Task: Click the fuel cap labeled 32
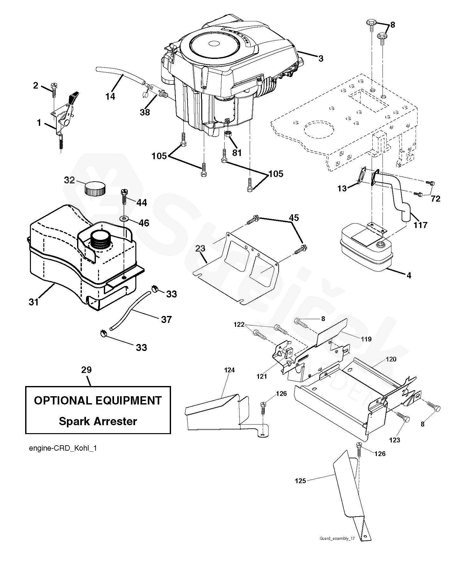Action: [95, 188]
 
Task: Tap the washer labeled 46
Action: [124, 219]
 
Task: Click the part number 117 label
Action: [420, 225]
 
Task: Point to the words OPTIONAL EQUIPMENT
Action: [98, 400]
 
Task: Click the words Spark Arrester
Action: [98, 421]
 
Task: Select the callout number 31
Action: [33, 302]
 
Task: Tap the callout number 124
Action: [229, 370]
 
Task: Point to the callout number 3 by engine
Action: [321, 59]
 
